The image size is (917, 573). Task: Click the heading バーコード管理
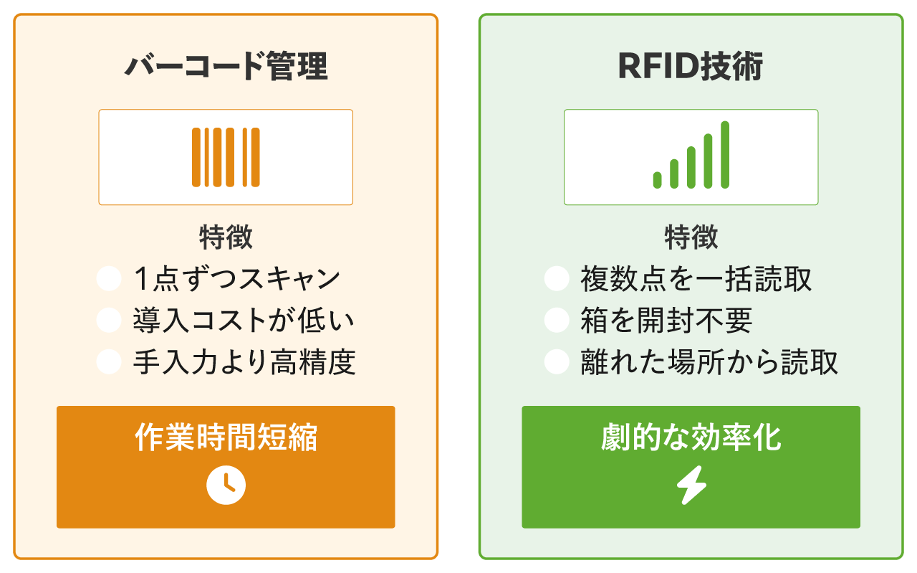[x=226, y=67]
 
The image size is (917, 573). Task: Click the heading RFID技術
[x=691, y=67]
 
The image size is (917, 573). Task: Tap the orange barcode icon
[x=226, y=157]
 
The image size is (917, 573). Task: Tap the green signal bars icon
[x=691, y=156]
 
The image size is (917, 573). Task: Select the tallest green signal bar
[x=725, y=155]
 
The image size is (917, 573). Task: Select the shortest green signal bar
[x=657, y=180]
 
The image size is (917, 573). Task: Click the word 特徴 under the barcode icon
[x=226, y=237]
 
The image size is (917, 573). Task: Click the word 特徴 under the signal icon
[x=691, y=237]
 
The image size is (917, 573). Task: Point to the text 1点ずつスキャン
[x=236, y=279]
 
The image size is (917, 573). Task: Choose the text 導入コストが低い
[x=244, y=321]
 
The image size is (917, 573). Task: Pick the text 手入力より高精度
[x=244, y=362]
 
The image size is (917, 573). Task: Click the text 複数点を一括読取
[x=696, y=279]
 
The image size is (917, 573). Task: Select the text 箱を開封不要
[x=666, y=321]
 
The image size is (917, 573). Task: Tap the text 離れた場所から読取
[x=709, y=362]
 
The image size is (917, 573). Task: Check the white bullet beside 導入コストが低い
[x=109, y=321]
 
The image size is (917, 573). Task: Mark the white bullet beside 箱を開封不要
[x=557, y=321]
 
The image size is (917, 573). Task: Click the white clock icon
[x=226, y=486]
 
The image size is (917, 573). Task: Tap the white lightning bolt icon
[x=691, y=486]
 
